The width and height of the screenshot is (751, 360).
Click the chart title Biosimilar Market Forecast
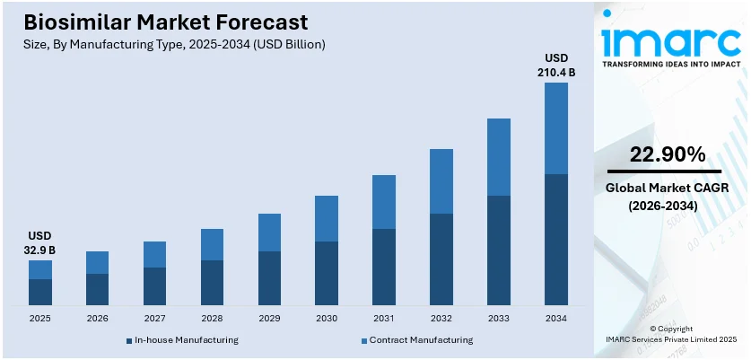(x=159, y=22)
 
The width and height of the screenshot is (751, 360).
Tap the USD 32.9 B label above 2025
(x=39, y=243)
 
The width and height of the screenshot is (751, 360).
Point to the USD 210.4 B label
(x=556, y=66)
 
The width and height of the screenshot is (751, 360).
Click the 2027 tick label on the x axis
(x=154, y=319)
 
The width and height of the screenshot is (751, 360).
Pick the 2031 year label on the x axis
(x=384, y=319)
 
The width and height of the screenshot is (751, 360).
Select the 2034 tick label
(x=556, y=319)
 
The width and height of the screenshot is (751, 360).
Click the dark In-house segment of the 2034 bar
(x=556, y=240)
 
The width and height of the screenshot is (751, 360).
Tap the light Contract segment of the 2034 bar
(x=556, y=128)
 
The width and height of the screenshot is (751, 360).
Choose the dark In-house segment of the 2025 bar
(x=39, y=293)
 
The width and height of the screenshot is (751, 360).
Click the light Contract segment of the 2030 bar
(x=327, y=218)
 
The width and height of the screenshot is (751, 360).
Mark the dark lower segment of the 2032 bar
(x=441, y=259)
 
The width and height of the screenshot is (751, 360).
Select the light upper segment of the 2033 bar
(x=499, y=157)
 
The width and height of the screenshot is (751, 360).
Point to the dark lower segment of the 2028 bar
(x=212, y=283)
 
